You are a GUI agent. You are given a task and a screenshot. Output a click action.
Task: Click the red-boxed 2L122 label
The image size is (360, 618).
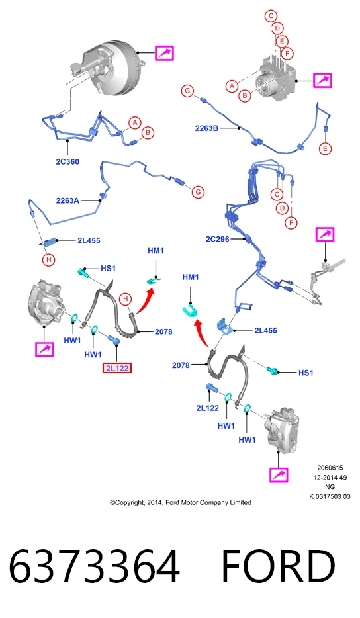tap(116, 368)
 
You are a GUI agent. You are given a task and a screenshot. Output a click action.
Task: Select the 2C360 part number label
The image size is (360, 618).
tap(67, 161)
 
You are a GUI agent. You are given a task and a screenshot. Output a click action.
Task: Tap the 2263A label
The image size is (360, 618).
tap(67, 200)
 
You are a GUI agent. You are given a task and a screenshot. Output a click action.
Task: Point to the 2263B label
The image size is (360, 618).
tap(206, 128)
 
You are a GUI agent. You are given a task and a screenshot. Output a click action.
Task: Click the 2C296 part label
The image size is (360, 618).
tap(217, 239)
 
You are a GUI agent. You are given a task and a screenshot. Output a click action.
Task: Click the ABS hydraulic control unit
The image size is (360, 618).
tap(275, 81)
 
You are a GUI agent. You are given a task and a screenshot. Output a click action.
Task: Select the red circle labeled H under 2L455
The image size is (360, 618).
tap(49, 260)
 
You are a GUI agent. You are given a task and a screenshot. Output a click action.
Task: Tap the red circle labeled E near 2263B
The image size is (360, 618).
tap(326, 149)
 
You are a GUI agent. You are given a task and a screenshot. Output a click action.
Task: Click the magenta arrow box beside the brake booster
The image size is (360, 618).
tap(164, 53)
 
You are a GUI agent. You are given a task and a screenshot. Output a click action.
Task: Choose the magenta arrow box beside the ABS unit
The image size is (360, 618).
tap(322, 81)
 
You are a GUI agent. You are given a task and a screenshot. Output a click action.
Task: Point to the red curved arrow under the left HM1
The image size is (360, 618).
tap(145, 301)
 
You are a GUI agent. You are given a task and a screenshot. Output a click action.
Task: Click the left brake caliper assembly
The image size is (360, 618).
tap(46, 302)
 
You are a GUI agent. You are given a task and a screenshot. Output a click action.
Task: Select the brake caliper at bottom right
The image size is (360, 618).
tap(281, 429)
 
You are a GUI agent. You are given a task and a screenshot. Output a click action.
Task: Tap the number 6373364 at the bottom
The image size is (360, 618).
tap(94, 566)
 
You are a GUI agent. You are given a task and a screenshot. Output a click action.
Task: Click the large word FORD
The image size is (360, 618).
tap(278, 566)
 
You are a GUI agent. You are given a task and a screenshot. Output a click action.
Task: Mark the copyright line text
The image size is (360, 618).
tap(181, 502)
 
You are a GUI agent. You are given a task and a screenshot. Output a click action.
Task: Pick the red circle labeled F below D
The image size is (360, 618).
tap(291, 223)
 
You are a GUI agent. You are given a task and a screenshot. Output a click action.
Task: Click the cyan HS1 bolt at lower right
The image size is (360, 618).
tap(273, 370)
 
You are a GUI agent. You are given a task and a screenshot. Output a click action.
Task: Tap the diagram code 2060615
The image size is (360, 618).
tap(330, 468)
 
